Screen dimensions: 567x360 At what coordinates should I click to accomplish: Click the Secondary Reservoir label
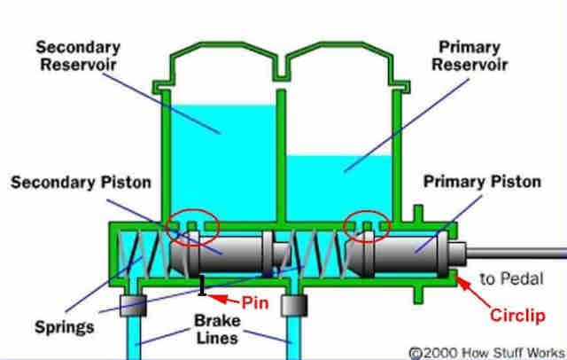[78, 56]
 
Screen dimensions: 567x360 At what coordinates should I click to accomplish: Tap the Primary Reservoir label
[470, 56]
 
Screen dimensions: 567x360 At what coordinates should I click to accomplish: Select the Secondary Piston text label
[81, 183]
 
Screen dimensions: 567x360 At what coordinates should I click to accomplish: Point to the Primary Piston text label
[482, 182]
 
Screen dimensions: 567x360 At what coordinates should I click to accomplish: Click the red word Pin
[255, 302]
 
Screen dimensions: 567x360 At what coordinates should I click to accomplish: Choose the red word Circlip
[517, 315]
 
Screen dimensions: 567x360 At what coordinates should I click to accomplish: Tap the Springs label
[65, 327]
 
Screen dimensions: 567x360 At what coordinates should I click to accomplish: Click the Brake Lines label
[217, 329]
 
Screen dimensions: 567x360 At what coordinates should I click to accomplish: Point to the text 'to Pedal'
[512, 278]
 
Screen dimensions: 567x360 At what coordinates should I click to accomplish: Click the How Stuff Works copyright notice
[486, 353]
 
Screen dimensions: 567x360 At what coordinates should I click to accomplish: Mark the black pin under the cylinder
[203, 286]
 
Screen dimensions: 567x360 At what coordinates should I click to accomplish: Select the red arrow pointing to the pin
[223, 299]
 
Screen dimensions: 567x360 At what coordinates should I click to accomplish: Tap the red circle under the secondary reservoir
[193, 228]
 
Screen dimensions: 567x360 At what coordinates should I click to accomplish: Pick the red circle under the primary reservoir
[367, 226]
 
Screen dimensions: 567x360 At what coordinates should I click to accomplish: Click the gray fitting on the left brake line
[134, 306]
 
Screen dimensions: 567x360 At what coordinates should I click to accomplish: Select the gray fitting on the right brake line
[294, 306]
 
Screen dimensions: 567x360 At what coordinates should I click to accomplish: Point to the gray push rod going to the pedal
[517, 253]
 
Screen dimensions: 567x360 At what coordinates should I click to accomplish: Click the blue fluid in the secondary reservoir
[223, 163]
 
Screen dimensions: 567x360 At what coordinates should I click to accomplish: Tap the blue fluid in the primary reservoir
[339, 188]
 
